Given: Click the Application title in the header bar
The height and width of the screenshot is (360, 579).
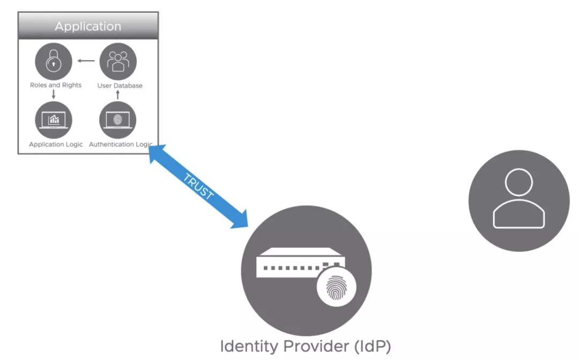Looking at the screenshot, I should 88,26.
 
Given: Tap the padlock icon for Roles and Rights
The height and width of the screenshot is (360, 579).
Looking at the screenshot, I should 54,61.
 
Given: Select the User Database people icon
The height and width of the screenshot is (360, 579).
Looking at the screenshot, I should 118,61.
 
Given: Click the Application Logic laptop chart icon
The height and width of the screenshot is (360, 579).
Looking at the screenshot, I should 54,120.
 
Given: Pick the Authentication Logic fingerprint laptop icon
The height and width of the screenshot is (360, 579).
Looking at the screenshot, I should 118,120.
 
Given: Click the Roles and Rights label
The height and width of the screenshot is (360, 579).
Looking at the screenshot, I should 56,85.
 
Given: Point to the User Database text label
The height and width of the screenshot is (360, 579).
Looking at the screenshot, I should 120,86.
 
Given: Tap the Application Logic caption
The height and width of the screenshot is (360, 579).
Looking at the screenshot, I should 56,144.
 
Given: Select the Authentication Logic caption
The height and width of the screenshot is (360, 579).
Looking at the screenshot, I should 121,144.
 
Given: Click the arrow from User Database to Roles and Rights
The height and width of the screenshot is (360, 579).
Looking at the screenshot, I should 86,61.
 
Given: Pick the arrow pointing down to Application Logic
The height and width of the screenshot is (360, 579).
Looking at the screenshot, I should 54,94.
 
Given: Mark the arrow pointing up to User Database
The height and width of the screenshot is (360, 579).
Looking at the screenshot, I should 118,95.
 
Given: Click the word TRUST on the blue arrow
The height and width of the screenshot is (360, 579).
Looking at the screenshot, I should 198,187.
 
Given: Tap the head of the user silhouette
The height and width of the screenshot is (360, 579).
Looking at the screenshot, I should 518,183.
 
